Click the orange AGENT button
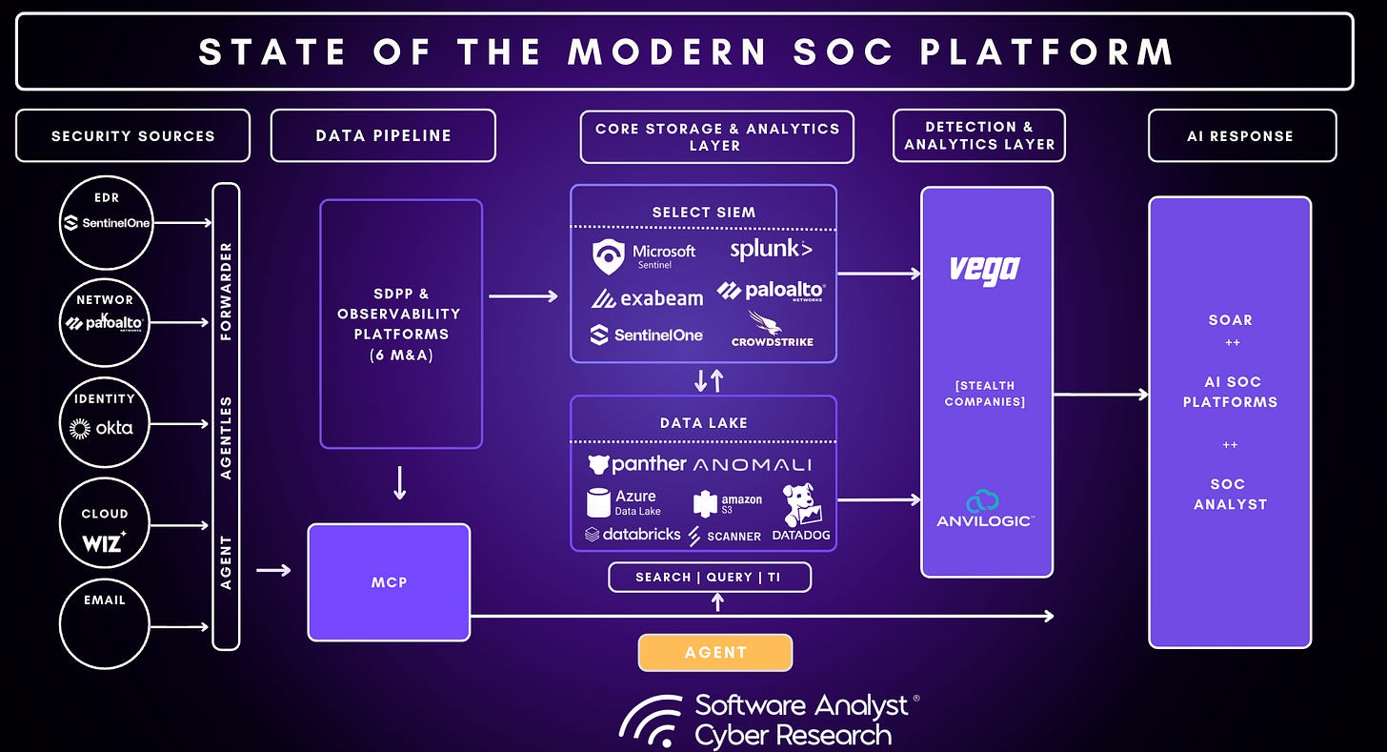[x=714, y=653]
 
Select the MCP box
[x=389, y=581]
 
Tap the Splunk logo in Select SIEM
[x=771, y=251]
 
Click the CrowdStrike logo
[x=772, y=329]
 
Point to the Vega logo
[x=985, y=269]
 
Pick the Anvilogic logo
[x=985, y=509]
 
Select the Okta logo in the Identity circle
[x=102, y=428]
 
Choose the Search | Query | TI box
[x=710, y=577]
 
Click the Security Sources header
[x=132, y=135]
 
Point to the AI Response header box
[x=1241, y=135]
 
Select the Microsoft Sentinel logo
[x=644, y=255]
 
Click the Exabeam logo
[x=647, y=298]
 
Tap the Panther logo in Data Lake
[x=636, y=464]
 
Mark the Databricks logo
[x=633, y=534]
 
